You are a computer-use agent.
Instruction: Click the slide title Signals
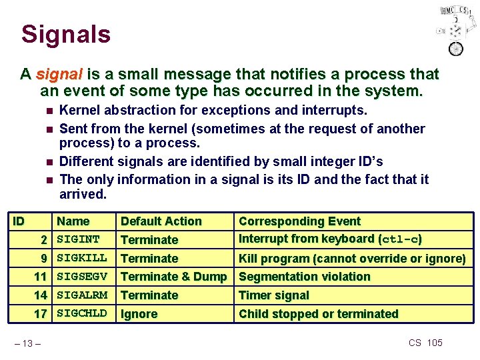(x=65, y=35)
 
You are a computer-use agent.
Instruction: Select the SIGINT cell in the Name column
(x=78, y=239)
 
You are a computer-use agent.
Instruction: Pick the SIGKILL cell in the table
(x=81, y=258)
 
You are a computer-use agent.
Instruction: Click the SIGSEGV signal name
(x=81, y=276)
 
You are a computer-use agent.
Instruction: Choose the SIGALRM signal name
(x=81, y=295)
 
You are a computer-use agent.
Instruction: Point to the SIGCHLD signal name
(x=81, y=313)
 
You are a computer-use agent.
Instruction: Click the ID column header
(x=20, y=221)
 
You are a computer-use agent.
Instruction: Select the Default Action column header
(x=161, y=221)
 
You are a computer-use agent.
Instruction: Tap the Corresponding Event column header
(x=299, y=221)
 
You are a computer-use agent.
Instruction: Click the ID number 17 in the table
(x=40, y=313)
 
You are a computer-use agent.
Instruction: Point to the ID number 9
(x=43, y=258)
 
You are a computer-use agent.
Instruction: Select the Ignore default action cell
(x=139, y=314)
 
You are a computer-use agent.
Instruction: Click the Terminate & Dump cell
(x=173, y=277)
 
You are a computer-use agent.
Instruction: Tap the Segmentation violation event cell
(x=304, y=277)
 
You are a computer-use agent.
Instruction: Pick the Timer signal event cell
(x=273, y=295)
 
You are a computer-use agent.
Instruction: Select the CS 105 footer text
(x=425, y=343)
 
